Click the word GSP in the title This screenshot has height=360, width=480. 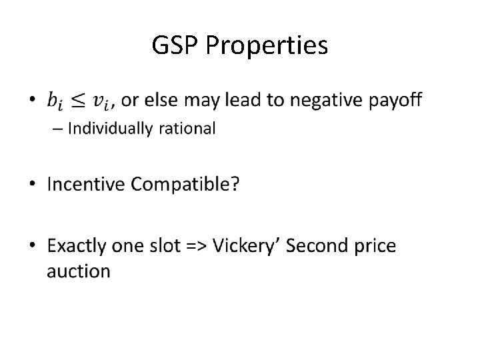(x=177, y=46)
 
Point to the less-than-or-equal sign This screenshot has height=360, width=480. (x=79, y=101)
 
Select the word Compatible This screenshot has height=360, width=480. (x=179, y=185)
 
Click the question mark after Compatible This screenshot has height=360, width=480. (x=235, y=185)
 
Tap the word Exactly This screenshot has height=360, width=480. (x=78, y=246)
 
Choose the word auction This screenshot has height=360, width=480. (x=79, y=271)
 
